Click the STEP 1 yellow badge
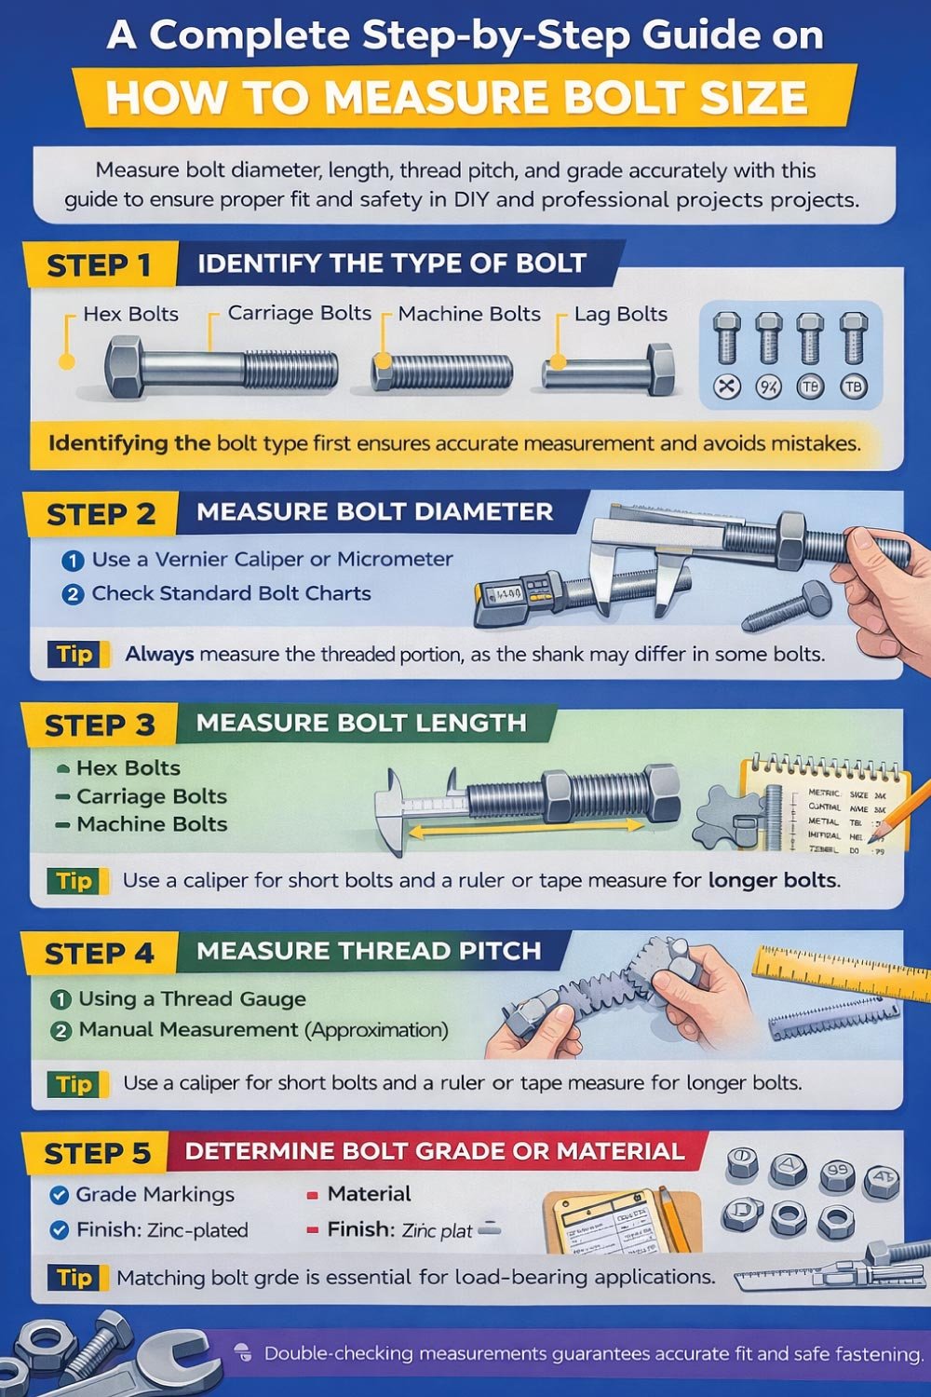click(99, 265)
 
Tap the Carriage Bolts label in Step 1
click(299, 314)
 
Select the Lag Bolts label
click(620, 315)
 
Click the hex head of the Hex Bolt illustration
click(123, 368)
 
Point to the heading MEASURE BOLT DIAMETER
click(374, 512)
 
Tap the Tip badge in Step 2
click(75, 654)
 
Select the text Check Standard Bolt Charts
click(231, 593)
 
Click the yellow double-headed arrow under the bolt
click(527, 827)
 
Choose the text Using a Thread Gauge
click(192, 999)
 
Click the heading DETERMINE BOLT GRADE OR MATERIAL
click(435, 1151)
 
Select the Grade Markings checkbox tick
click(59, 1195)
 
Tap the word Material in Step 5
click(369, 1194)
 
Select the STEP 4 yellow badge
click(98, 955)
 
